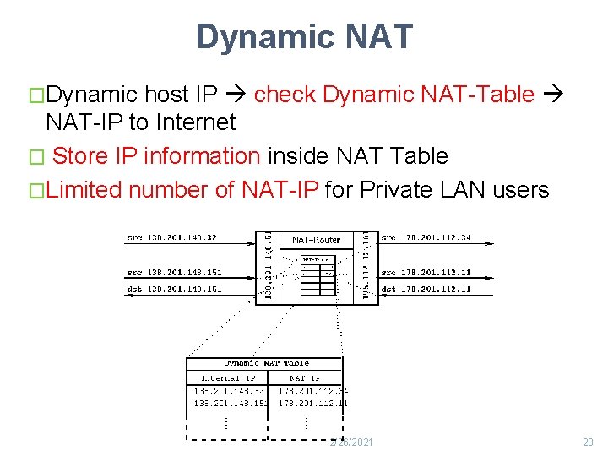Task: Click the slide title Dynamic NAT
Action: click(304, 37)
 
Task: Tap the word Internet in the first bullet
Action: click(193, 122)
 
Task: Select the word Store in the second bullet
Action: click(81, 156)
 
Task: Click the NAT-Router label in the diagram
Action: click(316, 240)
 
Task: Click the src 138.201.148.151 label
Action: click(175, 272)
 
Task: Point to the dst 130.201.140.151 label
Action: click(175, 289)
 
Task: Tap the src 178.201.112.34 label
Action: click(426, 238)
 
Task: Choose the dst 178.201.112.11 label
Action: click(426, 289)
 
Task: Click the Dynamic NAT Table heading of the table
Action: click(266, 363)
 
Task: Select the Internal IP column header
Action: click(227, 377)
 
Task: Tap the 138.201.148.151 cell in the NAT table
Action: click(230, 403)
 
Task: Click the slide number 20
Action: click(588, 442)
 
